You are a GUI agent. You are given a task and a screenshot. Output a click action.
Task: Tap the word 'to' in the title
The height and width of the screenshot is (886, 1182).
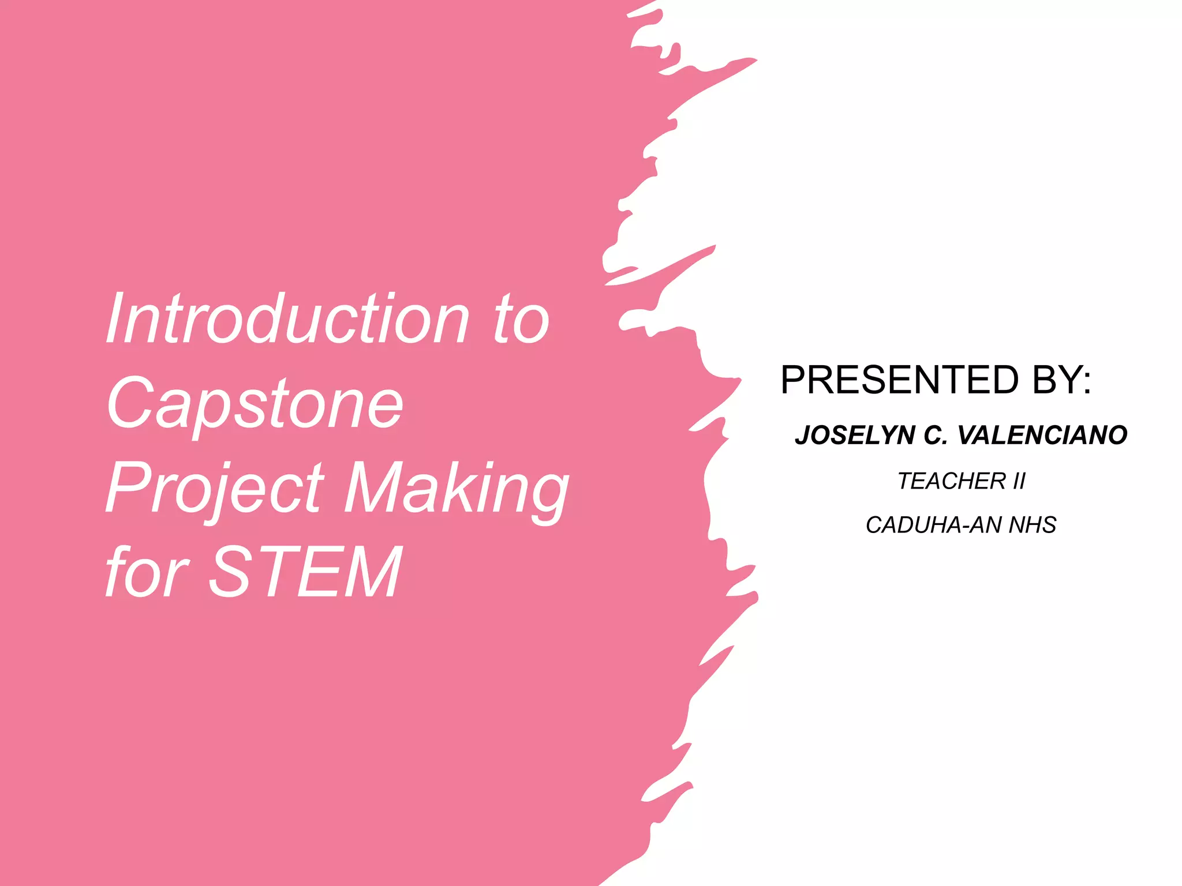coord(521,319)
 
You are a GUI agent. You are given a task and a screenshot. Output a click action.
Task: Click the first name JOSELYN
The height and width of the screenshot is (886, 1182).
coord(855,435)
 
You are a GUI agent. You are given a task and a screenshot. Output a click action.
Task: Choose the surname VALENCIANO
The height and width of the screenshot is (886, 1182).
coord(1042,435)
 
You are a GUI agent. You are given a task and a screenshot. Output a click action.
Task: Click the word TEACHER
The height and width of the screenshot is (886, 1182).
coord(952,481)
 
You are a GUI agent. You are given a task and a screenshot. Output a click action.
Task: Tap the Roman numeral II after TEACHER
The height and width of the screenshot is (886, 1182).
coord(1019,481)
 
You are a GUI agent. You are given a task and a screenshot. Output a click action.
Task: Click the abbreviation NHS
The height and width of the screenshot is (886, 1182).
coord(1033,525)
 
